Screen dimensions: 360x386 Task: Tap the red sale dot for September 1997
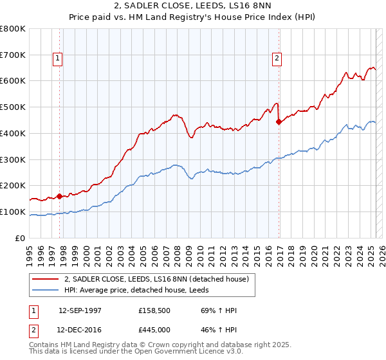pos(59,196)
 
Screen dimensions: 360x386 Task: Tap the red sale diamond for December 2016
pos(279,121)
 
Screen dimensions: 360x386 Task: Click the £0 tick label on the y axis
pos(21,238)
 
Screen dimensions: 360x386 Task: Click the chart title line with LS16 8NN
pos(193,6)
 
